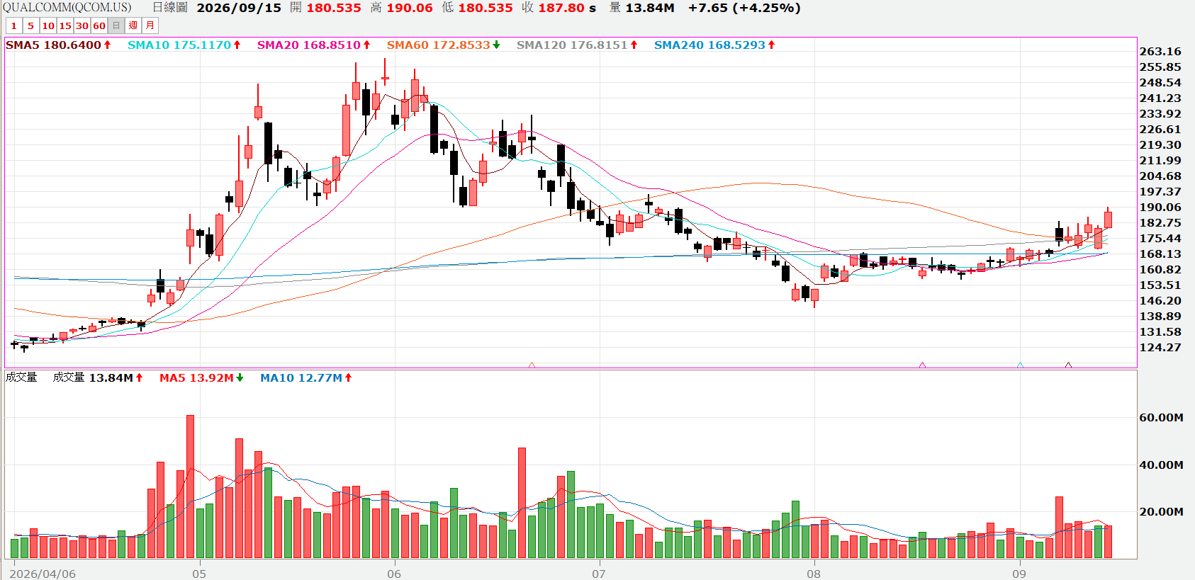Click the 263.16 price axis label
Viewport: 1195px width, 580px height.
(x=1160, y=52)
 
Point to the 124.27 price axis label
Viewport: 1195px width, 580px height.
(x=1160, y=348)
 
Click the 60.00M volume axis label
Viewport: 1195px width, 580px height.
(x=1162, y=418)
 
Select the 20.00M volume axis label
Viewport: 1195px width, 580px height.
(x=1162, y=512)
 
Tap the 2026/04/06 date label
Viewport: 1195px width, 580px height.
(x=43, y=574)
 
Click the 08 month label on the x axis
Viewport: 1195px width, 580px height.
(x=814, y=574)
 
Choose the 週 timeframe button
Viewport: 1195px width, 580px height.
(x=133, y=25)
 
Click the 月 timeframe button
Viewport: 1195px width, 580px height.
(x=150, y=25)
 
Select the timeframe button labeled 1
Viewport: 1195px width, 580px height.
(x=14, y=25)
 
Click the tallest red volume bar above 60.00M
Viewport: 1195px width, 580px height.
(x=190, y=487)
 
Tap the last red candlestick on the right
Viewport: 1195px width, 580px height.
(x=1108, y=219)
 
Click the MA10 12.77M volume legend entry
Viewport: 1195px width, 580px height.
(x=305, y=378)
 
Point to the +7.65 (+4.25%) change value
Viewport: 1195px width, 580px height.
(x=744, y=8)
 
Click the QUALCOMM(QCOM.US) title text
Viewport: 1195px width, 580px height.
(x=67, y=8)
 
